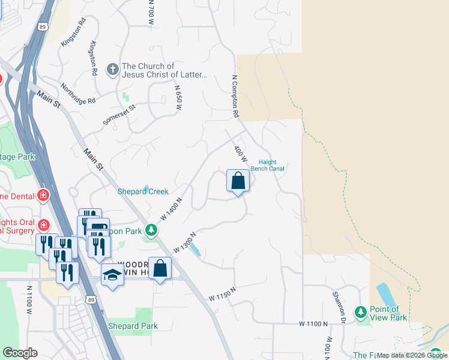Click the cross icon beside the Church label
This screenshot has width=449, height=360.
pos(112,70)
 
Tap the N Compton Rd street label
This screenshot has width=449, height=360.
pos(236,95)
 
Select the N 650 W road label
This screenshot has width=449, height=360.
pos(178,97)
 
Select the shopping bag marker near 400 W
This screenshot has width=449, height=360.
pos(238,181)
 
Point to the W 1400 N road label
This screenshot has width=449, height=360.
pos(172,208)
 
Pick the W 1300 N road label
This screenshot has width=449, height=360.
pos(185,242)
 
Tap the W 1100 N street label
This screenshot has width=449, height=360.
pos(313,323)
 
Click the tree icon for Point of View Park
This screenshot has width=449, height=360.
pos(361,312)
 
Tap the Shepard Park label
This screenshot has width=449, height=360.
pos(133,326)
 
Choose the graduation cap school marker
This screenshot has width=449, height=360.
pos(112,275)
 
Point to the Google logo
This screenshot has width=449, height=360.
pos(20,353)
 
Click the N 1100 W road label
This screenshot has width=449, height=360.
pos(28,300)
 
